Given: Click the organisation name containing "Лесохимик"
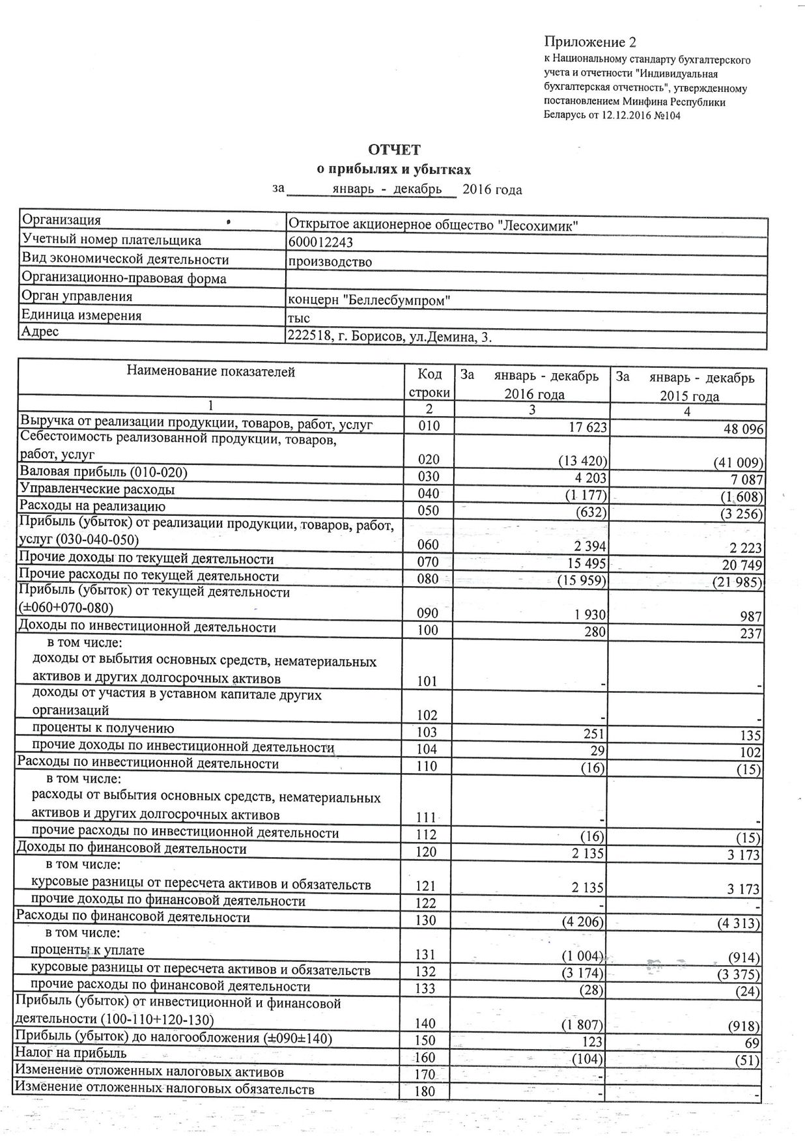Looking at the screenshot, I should (x=434, y=225).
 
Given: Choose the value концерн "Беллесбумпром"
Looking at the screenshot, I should (x=369, y=300).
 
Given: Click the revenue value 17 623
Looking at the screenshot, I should (x=584, y=427).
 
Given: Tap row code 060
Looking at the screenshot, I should (x=428, y=544).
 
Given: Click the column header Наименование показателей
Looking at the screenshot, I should (x=210, y=372).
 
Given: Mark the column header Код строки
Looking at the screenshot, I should (x=429, y=384).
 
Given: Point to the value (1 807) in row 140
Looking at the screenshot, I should (x=582, y=1025).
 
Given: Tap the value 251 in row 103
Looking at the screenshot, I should (x=595, y=733).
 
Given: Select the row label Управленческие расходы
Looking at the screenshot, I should (x=97, y=489).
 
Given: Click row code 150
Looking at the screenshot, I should (x=426, y=1041).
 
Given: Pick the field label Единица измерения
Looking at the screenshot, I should (x=82, y=316).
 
